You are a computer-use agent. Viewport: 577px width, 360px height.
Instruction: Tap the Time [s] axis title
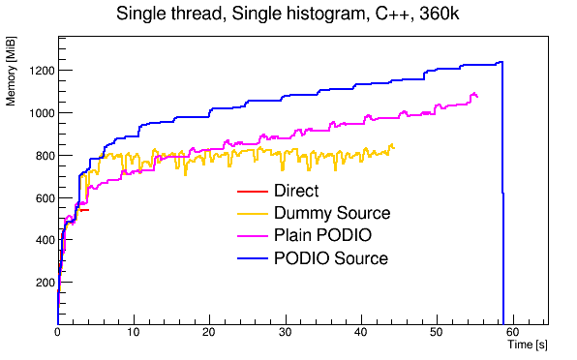pyautogui.click(x=528, y=345)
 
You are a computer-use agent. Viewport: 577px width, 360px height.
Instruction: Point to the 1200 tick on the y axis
pyautogui.click(x=40, y=71)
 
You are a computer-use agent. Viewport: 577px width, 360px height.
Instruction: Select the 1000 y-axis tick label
pyautogui.click(x=40, y=113)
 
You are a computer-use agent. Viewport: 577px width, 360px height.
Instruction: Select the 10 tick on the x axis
pyautogui.click(x=134, y=332)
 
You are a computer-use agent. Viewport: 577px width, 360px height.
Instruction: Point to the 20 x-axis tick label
pyautogui.click(x=209, y=332)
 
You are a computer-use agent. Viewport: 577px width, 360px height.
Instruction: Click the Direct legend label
pyautogui.click(x=295, y=192)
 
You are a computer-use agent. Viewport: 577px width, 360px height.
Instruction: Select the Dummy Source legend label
pyautogui.click(x=332, y=214)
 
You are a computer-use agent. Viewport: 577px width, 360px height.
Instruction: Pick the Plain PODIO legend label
pyautogui.click(x=323, y=236)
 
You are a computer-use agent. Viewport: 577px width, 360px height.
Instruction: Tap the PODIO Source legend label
pyautogui.click(x=331, y=258)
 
